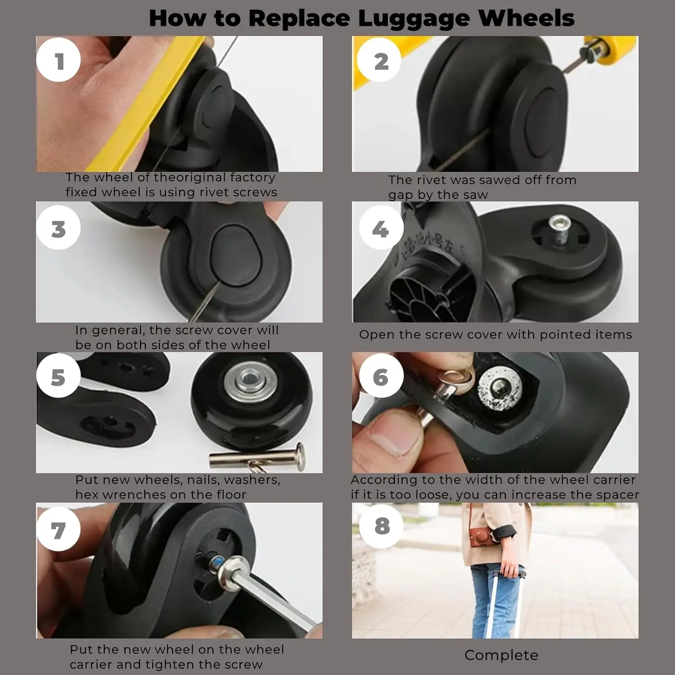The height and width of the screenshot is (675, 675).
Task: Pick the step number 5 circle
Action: (x=58, y=375)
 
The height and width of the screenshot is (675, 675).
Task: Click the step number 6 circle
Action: (x=381, y=375)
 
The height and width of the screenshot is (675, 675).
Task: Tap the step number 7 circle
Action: (x=58, y=529)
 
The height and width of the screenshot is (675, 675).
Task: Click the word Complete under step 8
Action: (x=501, y=656)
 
